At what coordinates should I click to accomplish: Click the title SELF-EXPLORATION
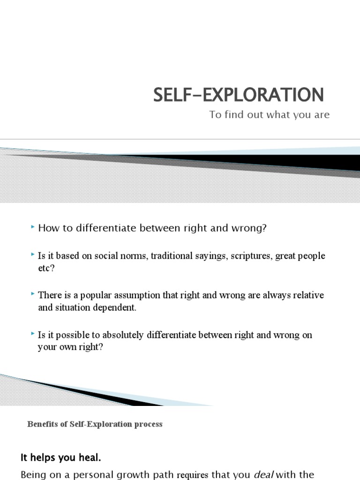coord(239,95)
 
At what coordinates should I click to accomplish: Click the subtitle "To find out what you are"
coord(270,115)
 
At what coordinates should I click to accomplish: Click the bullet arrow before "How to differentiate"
coord(32,227)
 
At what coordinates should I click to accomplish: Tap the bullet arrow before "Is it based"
coord(32,255)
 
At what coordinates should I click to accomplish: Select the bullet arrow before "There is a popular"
coord(32,294)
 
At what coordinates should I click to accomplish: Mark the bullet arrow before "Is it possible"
coord(32,334)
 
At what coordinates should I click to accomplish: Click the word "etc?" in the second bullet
coord(46,269)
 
